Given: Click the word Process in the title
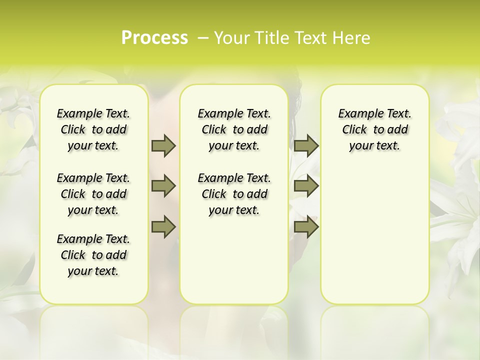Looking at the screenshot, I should [x=154, y=38].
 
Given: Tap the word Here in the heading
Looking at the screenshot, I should [x=351, y=38].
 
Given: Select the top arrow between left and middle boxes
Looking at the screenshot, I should [x=163, y=145].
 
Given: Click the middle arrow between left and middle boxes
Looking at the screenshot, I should [x=163, y=186].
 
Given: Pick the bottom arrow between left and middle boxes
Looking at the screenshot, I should [x=163, y=227].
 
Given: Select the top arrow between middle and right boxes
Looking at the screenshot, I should [x=306, y=145].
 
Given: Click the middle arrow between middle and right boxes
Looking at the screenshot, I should [x=306, y=186].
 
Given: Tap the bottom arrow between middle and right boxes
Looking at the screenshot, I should [x=306, y=227].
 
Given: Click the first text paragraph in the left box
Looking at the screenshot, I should [x=93, y=129].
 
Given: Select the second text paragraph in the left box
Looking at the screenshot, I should [x=93, y=194].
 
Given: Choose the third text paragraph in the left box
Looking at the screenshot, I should [x=93, y=255].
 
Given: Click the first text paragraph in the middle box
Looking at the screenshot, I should [x=234, y=129].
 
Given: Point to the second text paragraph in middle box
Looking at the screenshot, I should [x=234, y=194].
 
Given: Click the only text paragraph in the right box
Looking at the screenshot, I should [x=375, y=129].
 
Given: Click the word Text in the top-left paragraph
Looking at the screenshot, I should [x=118, y=114].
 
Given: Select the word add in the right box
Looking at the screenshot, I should [x=398, y=130].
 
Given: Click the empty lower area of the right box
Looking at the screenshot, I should [x=375, y=240].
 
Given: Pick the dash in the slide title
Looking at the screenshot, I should [x=203, y=38].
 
